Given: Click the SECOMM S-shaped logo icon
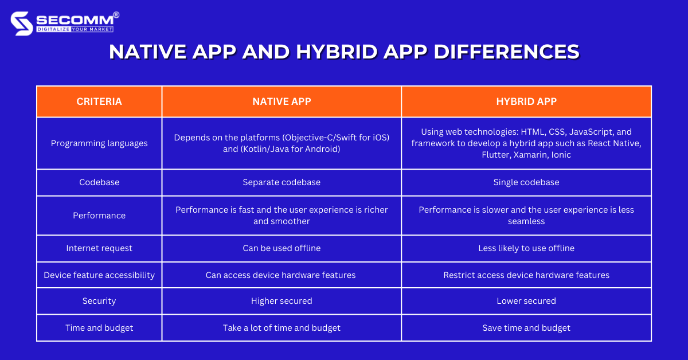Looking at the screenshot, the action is tap(22, 24).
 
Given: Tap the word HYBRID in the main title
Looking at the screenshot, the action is tap(337, 52).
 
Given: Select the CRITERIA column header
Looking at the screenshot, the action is tap(99, 101).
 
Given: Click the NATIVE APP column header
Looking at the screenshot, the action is tap(282, 101).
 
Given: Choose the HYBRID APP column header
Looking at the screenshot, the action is tap(526, 101).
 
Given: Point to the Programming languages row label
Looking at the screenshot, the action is tap(99, 143).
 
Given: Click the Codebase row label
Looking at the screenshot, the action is tap(99, 182).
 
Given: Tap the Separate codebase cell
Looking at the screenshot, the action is tap(282, 182).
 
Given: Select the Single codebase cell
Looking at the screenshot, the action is tap(526, 182).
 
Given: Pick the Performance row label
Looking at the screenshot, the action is tap(99, 216).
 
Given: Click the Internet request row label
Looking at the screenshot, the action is tap(99, 248).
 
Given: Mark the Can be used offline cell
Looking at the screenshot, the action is tap(282, 248).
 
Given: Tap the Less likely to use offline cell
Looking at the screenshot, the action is tap(526, 248).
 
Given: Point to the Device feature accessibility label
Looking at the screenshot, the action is tap(99, 275).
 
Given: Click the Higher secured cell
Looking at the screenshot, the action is tap(282, 301).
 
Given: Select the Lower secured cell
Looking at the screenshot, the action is tap(526, 301).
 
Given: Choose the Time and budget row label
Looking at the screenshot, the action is tap(99, 328).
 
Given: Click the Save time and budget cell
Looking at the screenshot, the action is tap(526, 328).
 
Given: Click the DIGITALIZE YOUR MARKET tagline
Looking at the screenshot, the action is tap(75, 29).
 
